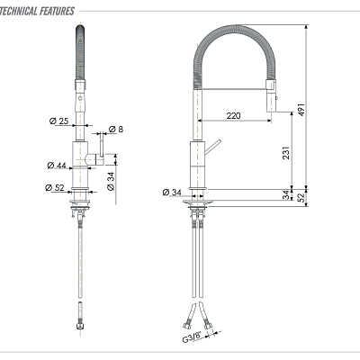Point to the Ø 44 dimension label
pyautogui.click(x=58, y=165)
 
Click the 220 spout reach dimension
pyautogui.click(x=234, y=115)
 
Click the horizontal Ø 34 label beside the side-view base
pyautogui.click(x=172, y=192)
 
